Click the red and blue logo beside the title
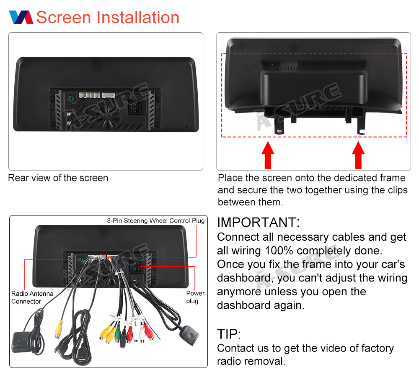click(x=21, y=17)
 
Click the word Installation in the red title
click(x=138, y=17)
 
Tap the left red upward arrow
click(x=268, y=155)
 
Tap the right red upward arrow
click(x=358, y=155)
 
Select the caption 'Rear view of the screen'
click(x=58, y=178)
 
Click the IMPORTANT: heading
click(x=259, y=222)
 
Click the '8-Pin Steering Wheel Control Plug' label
click(x=156, y=221)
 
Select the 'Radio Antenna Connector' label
click(x=32, y=297)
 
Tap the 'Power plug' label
click(x=195, y=297)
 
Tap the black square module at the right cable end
click(x=190, y=335)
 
